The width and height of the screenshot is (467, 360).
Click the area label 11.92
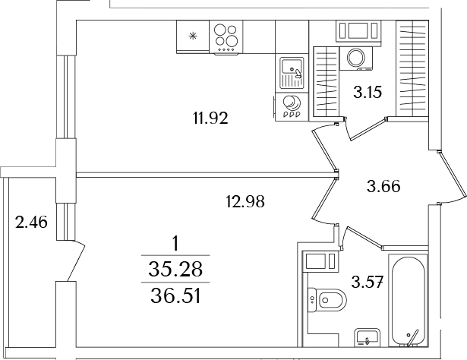coord(210,118)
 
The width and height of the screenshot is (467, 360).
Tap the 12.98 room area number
coord(245,201)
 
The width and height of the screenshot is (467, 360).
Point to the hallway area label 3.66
coord(383,185)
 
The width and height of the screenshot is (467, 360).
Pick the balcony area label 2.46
coord(31,223)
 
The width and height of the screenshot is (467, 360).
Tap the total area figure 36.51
coord(176,292)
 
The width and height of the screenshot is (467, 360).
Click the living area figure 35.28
coord(176,269)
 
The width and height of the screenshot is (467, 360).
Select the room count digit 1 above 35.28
coord(176,245)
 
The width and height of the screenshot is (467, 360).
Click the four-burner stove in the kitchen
coord(226,36)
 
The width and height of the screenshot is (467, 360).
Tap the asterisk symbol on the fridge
coord(192,35)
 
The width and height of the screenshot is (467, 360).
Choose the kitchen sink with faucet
coord(291,74)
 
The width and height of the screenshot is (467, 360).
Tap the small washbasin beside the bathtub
coord(368,336)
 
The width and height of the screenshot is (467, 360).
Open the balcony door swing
coord(74,261)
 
